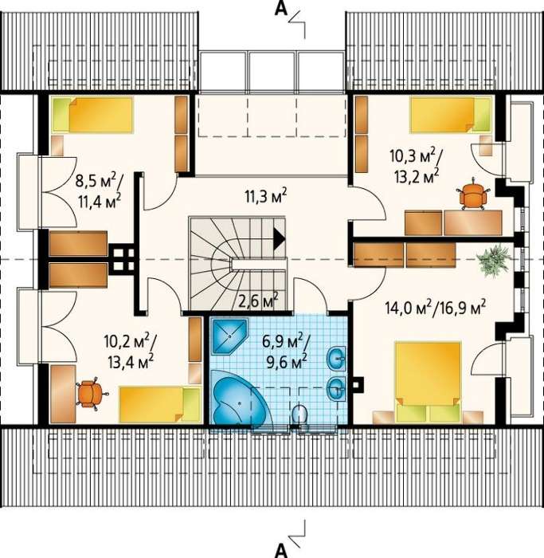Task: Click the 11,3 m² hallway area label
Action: tap(265, 195)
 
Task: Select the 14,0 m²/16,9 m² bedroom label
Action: tap(435, 308)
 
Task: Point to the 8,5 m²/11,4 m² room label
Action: tap(99, 191)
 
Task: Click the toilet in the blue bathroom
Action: tap(300, 415)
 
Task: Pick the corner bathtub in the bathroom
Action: tap(239, 397)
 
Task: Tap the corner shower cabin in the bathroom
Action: tap(229, 336)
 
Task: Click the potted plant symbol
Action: tap(495, 259)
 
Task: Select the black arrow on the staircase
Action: tap(279, 238)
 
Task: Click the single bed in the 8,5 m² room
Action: tap(92, 115)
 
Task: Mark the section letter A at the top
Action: tap(280, 10)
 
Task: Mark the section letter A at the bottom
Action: tap(281, 551)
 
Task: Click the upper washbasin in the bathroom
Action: tap(336, 359)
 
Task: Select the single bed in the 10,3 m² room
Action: tap(451, 115)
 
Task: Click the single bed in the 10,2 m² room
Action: tap(160, 405)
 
